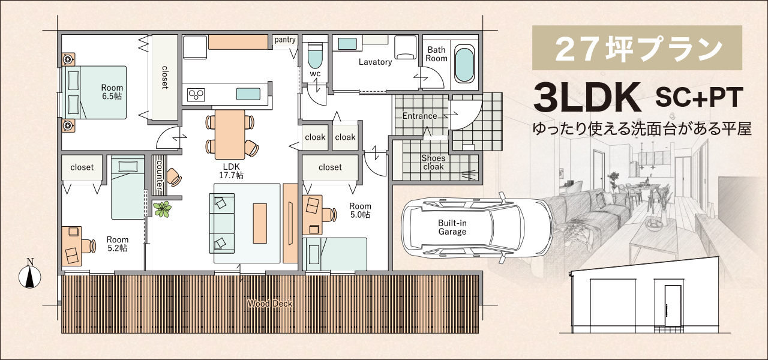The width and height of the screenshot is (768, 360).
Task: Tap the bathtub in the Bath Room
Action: coord(464,65)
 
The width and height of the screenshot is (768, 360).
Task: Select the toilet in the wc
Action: coord(315,56)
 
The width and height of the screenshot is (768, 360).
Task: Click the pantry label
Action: coord(285,40)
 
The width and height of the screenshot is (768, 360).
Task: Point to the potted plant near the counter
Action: coord(162,209)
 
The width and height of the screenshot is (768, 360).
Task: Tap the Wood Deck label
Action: coord(270,304)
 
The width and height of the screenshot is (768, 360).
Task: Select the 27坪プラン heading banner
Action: coord(637,47)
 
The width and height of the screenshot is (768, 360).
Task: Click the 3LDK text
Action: coord(587,97)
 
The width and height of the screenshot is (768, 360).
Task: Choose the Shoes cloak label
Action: coord(433,163)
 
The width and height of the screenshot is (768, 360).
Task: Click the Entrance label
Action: coord(419,116)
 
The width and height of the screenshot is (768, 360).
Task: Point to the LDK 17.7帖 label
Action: coord(232,171)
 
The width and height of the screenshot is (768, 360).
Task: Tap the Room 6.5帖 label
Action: coord(112,92)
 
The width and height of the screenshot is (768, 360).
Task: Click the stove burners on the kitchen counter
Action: coord(196,94)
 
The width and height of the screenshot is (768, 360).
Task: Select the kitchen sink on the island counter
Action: coord(248,94)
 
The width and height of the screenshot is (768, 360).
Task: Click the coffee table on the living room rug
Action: coord(260,223)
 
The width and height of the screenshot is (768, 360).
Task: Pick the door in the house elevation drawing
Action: coord(673,305)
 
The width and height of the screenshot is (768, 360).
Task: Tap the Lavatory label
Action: coord(375,62)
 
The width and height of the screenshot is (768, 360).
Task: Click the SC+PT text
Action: coord(699,97)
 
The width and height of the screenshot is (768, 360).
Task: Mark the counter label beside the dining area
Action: coord(160,175)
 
